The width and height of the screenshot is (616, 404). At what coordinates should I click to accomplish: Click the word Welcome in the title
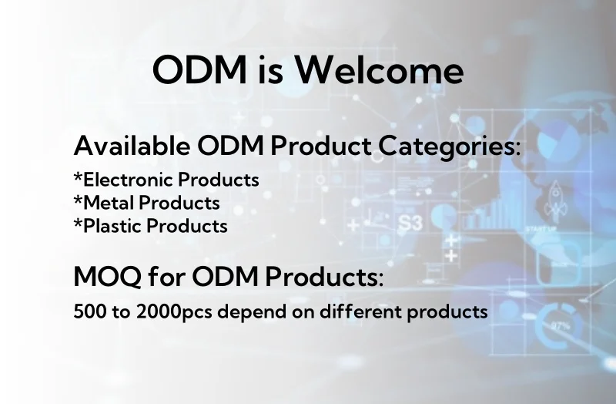(x=380, y=69)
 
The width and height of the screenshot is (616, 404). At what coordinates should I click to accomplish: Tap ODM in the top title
(x=199, y=69)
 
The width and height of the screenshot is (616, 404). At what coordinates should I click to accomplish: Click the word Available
(x=132, y=146)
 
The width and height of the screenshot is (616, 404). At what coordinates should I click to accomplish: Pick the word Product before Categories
(x=321, y=146)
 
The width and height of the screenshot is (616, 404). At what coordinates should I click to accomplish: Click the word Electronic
(x=128, y=180)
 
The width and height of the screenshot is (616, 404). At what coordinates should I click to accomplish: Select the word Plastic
(x=112, y=226)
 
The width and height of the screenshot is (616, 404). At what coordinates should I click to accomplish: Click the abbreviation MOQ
(x=107, y=277)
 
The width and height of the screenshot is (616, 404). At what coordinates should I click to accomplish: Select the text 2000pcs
(x=174, y=312)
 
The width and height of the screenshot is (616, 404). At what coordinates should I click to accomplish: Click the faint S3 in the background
(x=410, y=223)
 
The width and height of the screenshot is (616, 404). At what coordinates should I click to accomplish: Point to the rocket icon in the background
(x=555, y=200)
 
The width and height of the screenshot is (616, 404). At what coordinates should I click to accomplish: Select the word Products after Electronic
(x=219, y=180)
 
